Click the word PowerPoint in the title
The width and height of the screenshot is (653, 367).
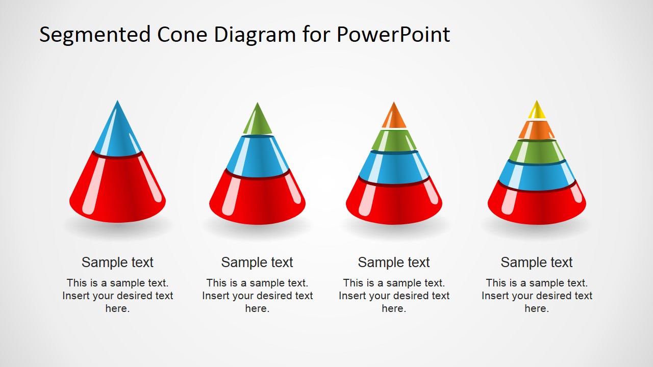(x=393, y=35)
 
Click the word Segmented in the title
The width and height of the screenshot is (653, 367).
(x=95, y=35)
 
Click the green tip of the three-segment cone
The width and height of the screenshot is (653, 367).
(x=257, y=121)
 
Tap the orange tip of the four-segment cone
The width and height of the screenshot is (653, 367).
(x=394, y=117)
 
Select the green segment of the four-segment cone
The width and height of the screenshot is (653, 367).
(x=394, y=141)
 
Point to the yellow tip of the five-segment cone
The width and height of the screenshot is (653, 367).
(x=537, y=112)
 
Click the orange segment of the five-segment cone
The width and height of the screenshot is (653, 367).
(x=537, y=130)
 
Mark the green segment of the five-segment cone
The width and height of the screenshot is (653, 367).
(x=537, y=151)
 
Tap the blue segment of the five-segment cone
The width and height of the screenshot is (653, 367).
(x=537, y=176)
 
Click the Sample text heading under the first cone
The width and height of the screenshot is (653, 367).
(x=117, y=263)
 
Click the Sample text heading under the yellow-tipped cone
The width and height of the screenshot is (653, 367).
(x=537, y=263)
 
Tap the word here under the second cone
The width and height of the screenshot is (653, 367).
(x=257, y=309)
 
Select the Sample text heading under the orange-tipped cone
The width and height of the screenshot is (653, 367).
(x=394, y=263)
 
